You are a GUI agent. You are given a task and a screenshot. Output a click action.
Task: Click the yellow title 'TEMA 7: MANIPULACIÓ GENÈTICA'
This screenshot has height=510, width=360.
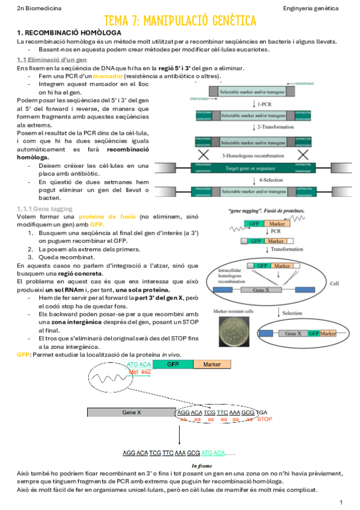[x=180, y=21]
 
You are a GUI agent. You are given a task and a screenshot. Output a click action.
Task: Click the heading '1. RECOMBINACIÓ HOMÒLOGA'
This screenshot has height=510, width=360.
[x=69, y=32]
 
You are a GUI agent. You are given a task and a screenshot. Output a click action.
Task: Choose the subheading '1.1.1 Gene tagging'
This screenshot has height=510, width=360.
[x=44, y=208]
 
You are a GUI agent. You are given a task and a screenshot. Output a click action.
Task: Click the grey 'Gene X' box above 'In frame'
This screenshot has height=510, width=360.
[x=131, y=413]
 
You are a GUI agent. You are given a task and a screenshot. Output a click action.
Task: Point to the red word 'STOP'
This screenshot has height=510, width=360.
[x=264, y=419]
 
